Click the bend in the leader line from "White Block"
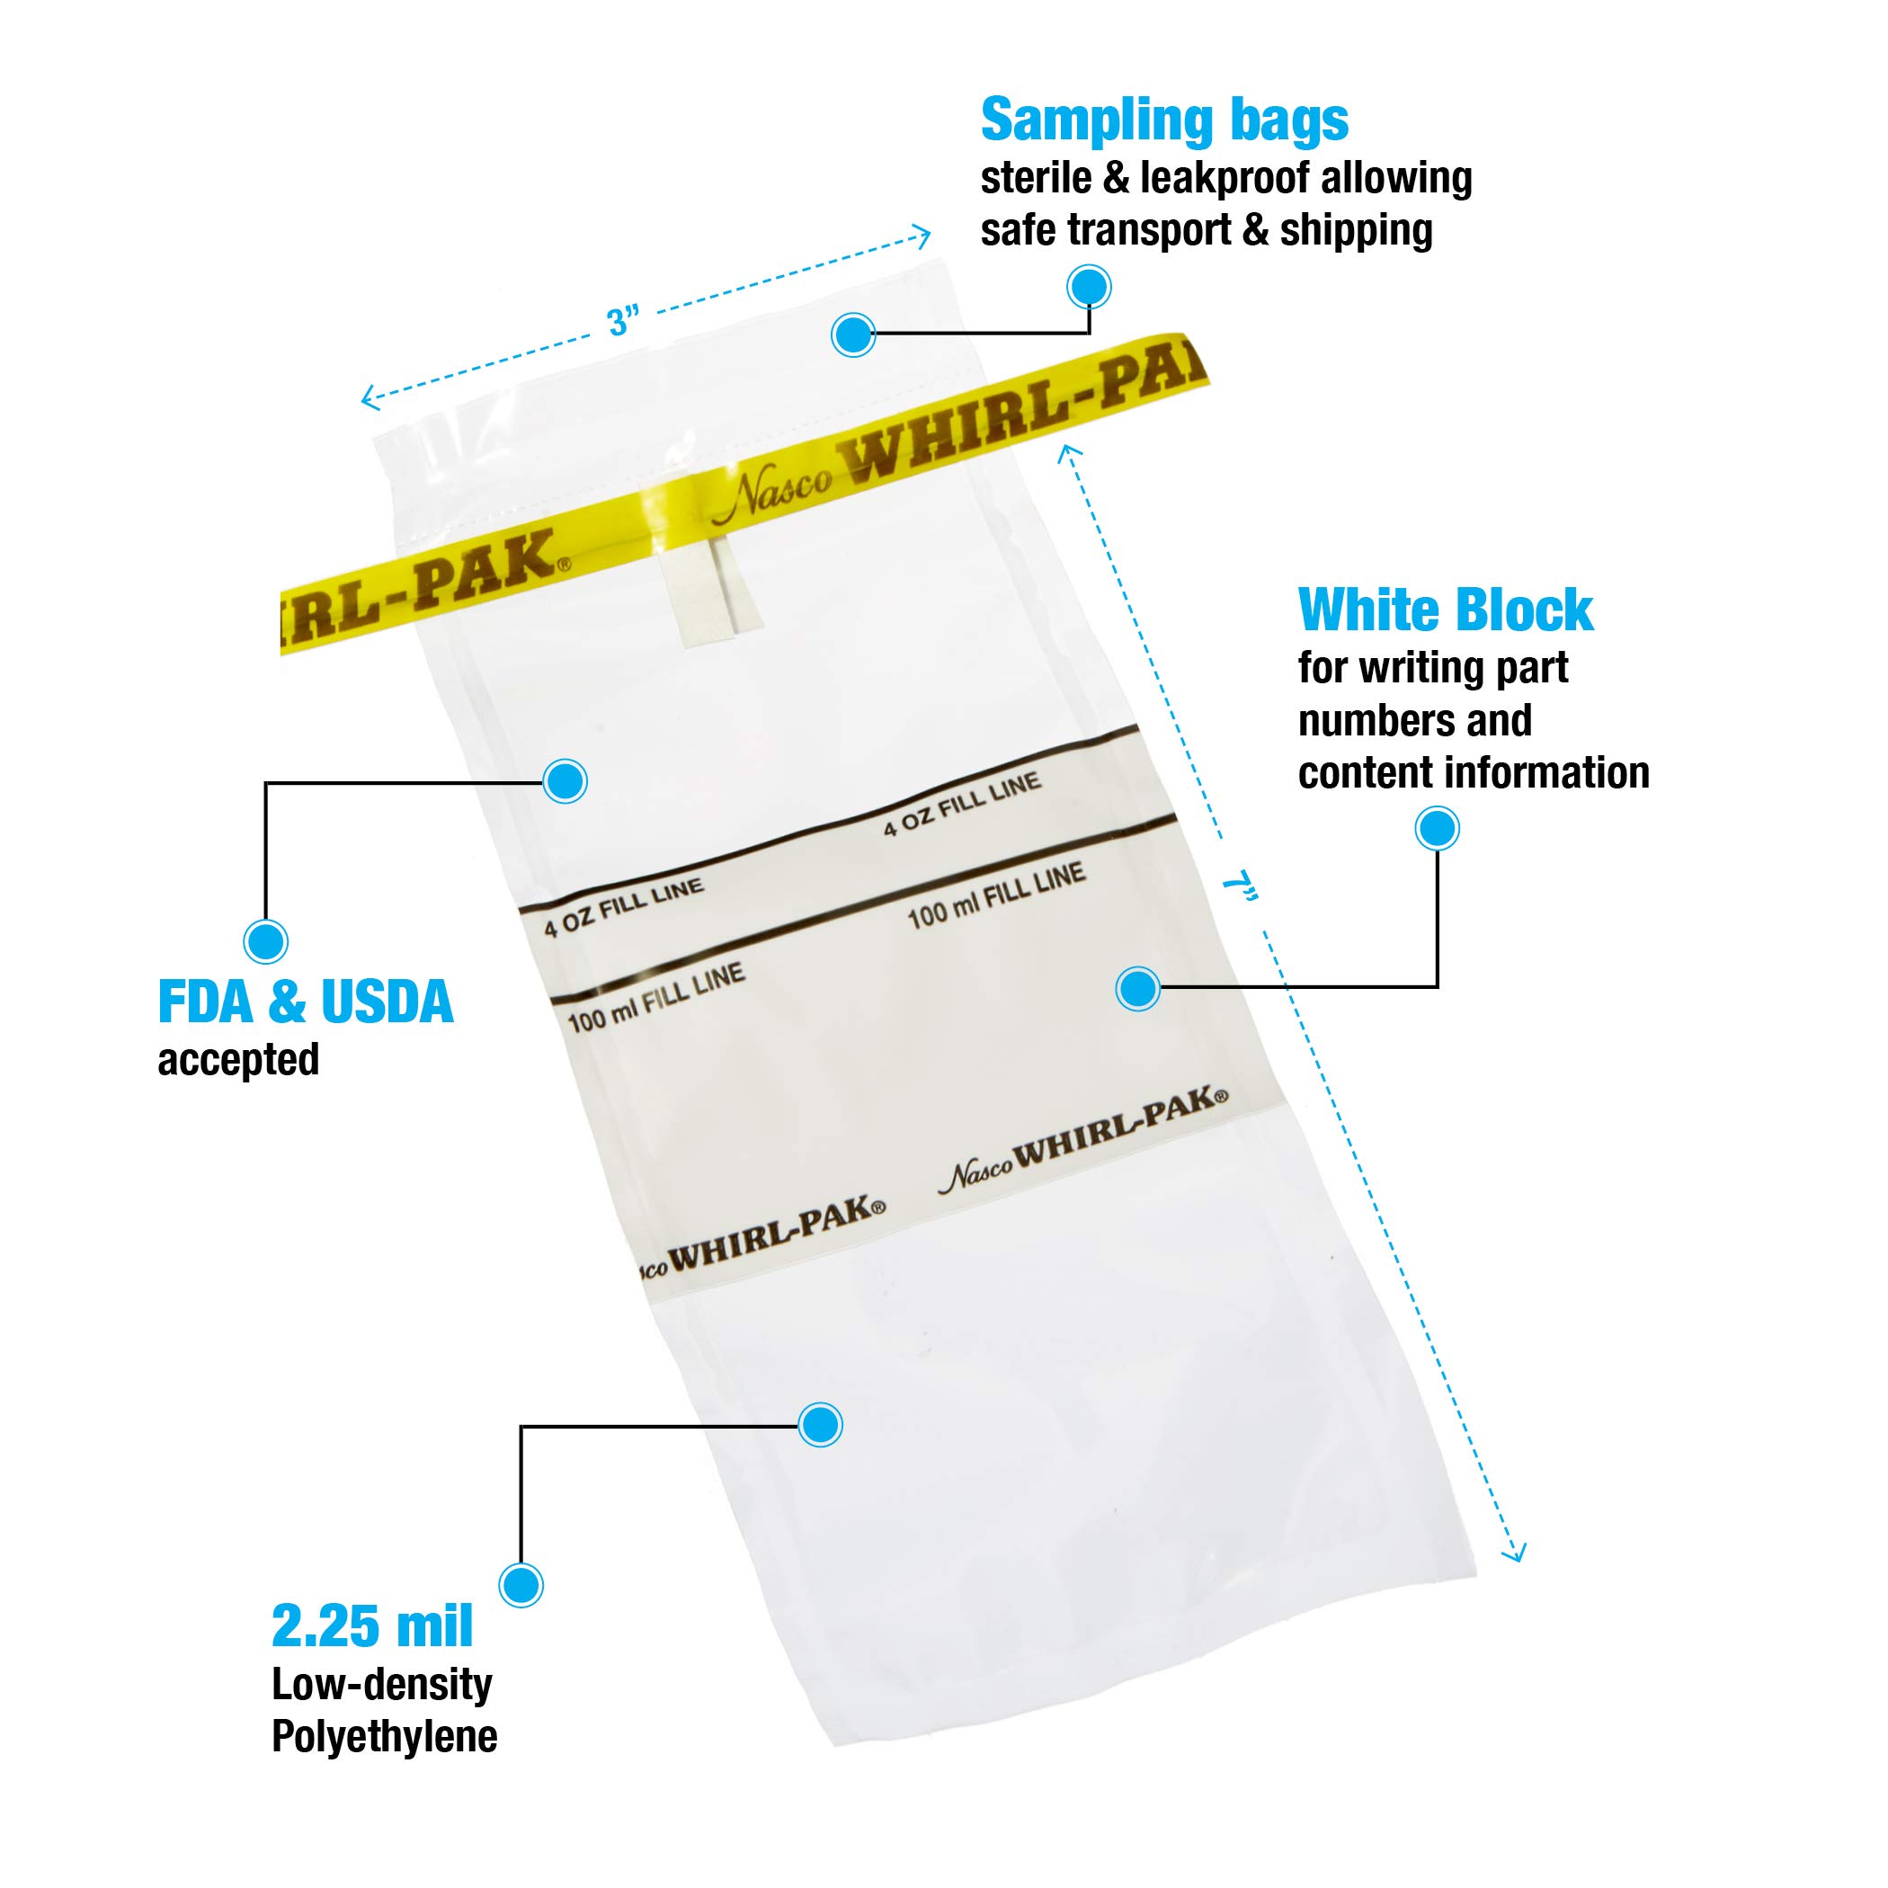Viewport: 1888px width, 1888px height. (x=1437, y=987)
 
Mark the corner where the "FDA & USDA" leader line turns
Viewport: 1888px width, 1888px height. (x=266, y=783)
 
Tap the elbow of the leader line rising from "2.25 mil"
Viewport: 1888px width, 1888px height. (x=521, y=1427)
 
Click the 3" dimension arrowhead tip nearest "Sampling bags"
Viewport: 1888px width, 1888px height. (x=930, y=235)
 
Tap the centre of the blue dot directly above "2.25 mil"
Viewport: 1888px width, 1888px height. (x=521, y=1584)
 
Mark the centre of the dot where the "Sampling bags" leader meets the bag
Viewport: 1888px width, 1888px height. (x=853, y=335)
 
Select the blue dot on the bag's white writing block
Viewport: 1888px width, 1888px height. (x=1137, y=988)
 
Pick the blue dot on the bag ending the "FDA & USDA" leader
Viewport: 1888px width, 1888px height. (x=565, y=780)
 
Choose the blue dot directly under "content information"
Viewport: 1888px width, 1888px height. (x=1437, y=829)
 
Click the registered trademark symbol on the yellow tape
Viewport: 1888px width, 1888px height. (x=565, y=564)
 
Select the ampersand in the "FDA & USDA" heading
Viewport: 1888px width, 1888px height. (x=286, y=1002)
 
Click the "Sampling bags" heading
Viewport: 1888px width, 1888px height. (x=1164, y=121)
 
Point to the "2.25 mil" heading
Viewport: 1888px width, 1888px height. (x=372, y=1652)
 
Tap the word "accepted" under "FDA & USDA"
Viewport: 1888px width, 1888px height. (x=238, y=1060)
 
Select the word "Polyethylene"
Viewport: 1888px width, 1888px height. (x=384, y=1763)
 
